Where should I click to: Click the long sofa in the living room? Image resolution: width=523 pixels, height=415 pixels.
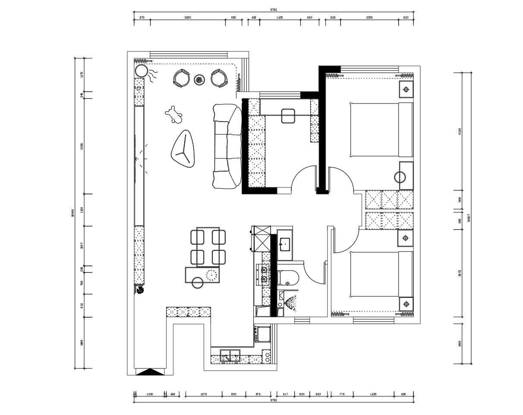pyautogui.click(x=227, y=147)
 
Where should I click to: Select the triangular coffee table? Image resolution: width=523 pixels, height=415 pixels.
pyautogui.click(x=183, y=148)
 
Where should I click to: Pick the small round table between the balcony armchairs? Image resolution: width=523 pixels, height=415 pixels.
pyautogui.click(x=199, y=79)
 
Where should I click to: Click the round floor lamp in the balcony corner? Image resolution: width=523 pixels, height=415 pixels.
pyautogui.click(x=141, y=71)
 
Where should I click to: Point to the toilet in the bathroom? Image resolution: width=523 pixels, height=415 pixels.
pyautogui.click(x=287, y=278)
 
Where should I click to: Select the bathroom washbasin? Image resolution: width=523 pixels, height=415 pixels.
pyautogui.click(x=285, y=244)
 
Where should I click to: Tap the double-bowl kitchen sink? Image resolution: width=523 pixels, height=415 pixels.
pyautogui.click(x=230, y=356)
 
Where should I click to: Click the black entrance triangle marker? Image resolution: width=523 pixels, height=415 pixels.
pyautogui.click(x=150, y=372)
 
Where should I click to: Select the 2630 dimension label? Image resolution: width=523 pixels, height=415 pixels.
pyautogui.click(x=188, y=18)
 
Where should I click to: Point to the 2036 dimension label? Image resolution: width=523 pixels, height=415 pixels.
pyautogui.click(x=369, y=18)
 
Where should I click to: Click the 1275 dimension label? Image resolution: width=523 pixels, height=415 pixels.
pyautogui.click(x=204, y=394)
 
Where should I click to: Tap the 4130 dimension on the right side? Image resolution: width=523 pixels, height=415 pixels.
pyautogui.click(x=460, y=131)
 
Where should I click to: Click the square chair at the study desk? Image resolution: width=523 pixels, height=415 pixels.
pyautogui.click(x=288, y=115)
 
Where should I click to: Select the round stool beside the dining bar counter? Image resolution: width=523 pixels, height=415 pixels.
pyautogui.click(x=198, y=283)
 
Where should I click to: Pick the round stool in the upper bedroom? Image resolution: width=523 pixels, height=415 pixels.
pyautogui.click(x=400, y=177)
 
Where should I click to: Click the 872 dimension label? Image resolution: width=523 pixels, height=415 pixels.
pyautogui.click(x=258, y=394)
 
